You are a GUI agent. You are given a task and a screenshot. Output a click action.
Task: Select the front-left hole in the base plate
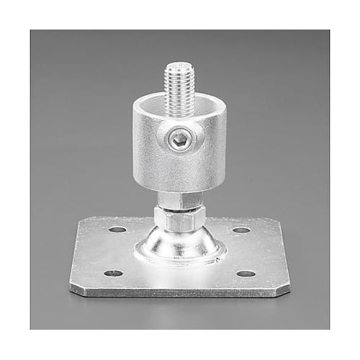click(x=112, y=273)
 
